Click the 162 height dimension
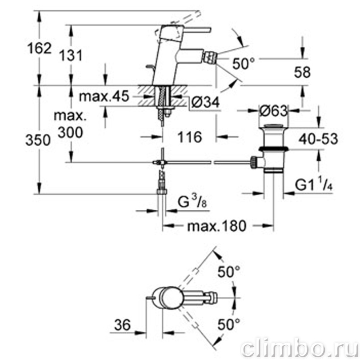click(x=39, y=48)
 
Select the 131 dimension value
click(x=71, y=56)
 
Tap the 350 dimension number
click(x=38, y=140)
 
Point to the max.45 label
click(x=104, y=96)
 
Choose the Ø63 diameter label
click(x=273, y=111)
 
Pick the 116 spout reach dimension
click(x=190, y=137)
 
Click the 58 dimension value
click(x=302, y=72)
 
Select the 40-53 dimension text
click(x=318, y=139)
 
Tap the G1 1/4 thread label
click(x=314, y=185)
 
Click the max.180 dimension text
click(x=217, y=226)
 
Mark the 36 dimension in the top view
click(x=122, y=324)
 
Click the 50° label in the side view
click(x=244, y=64)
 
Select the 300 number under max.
click(x=71, y=132)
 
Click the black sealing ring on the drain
click(x=273, y=149)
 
